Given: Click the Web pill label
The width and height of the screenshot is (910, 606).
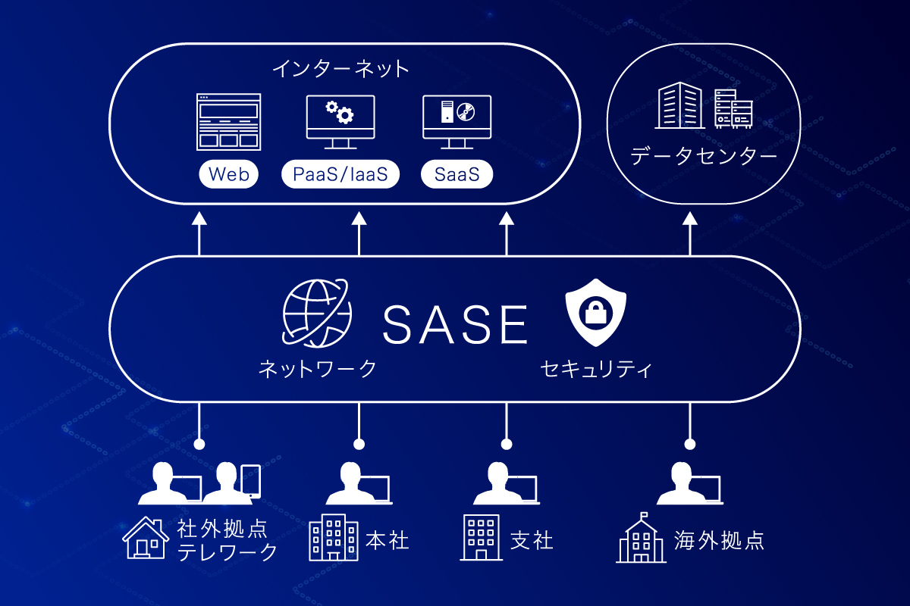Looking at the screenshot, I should click(x=229, y=175).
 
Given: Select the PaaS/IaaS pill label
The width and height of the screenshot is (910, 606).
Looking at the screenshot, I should click(x=340, y=175).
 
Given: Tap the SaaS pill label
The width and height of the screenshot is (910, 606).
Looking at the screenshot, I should click(x=457, y=175).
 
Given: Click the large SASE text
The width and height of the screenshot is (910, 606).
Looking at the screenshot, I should click(x=455, y=324).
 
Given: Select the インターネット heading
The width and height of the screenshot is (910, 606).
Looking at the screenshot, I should click(x=340, y=70).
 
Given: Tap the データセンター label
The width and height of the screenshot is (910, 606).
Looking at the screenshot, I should click(x=704, y=157).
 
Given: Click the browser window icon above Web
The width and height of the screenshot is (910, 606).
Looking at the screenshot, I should click(x=228, y=121).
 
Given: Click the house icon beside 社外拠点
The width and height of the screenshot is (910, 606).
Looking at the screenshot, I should click(x=146, y=539).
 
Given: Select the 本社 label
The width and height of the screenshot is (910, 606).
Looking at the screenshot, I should click(x=388, y=540).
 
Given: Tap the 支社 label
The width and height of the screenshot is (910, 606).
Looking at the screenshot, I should click(x=532, y=540).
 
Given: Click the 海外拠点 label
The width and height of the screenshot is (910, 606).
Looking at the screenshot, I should click(x=719, y=540).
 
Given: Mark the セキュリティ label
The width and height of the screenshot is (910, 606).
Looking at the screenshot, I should click(x=597, y=369).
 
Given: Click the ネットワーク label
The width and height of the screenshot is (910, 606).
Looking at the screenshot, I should click(x=318, y=369).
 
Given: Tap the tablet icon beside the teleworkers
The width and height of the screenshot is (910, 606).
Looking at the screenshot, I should click(x=251, y=481).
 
